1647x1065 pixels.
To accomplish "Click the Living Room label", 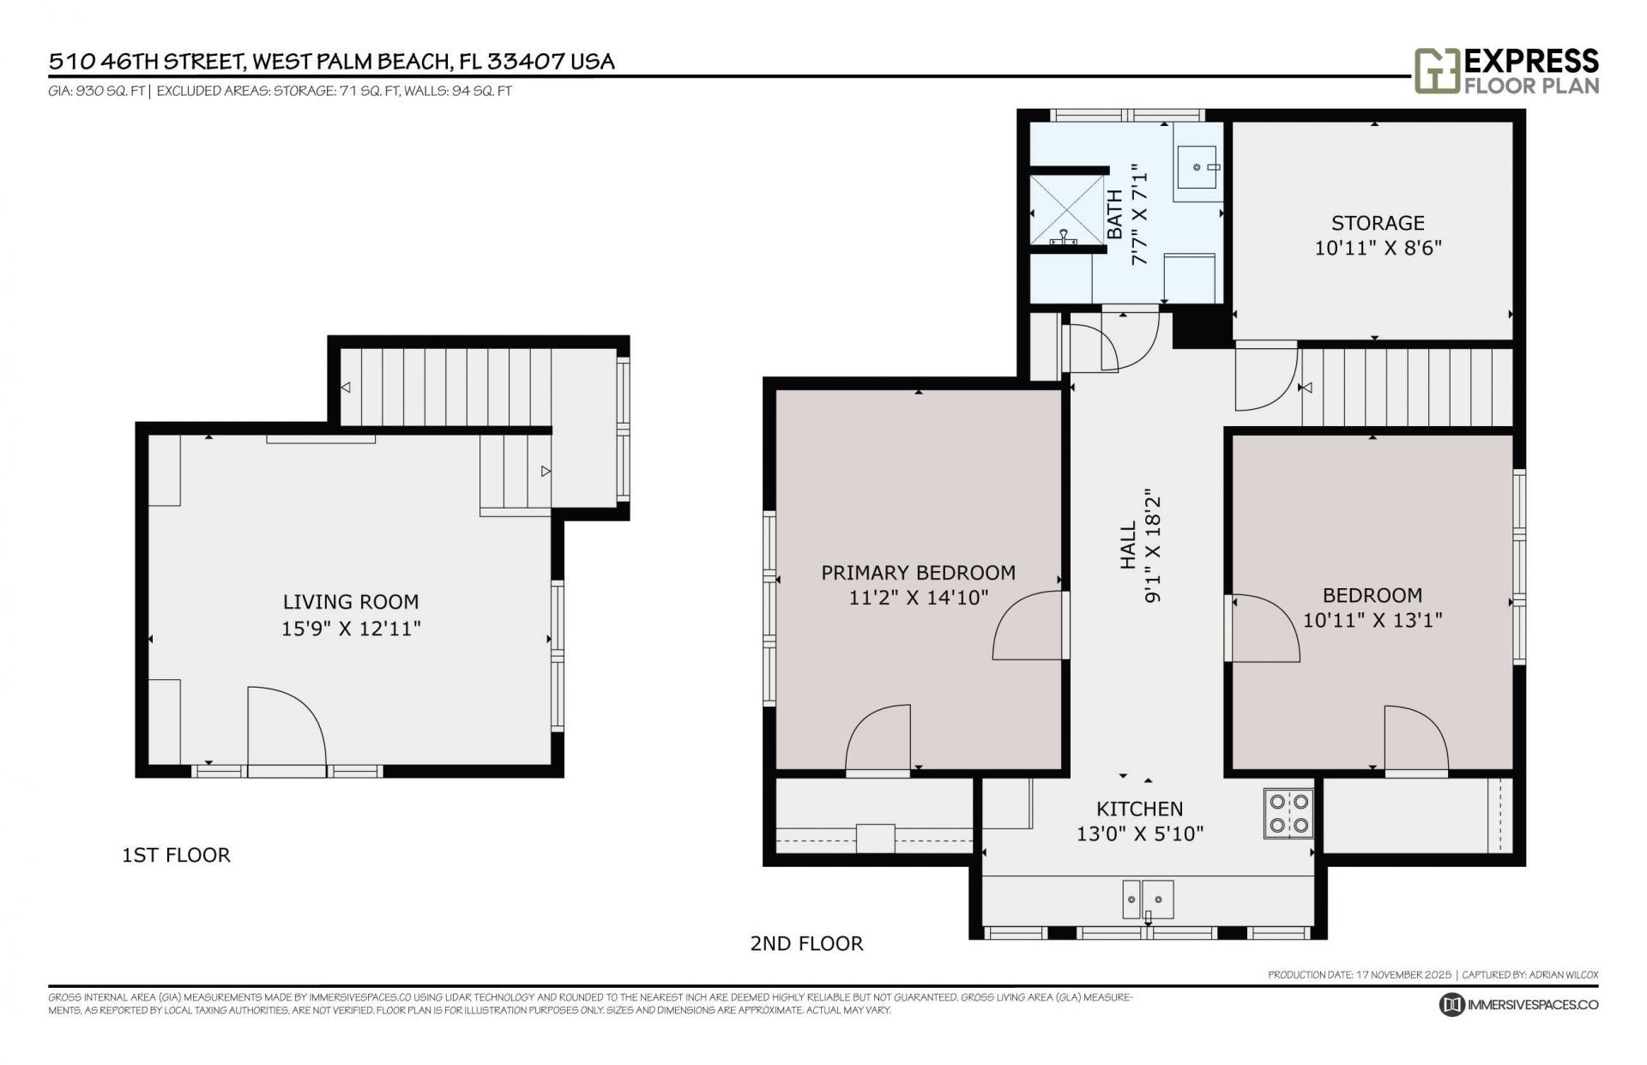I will click(351, 602).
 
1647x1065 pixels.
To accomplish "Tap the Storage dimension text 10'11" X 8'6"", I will click(1378, 249).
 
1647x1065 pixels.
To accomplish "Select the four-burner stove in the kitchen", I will click(1288, 813).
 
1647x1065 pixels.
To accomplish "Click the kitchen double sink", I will click(1147, 899).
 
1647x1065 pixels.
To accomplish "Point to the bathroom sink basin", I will click(1198, 168).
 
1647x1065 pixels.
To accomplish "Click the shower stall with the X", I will click(1066, 209).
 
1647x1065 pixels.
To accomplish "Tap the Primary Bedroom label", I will click(918, 573).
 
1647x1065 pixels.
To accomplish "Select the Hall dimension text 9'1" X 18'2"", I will click(1152, 549).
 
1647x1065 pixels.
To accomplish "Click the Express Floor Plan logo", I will click(1506, 71).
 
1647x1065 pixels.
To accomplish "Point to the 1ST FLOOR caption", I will click(176, 855).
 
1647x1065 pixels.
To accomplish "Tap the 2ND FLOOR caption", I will click(806, 943).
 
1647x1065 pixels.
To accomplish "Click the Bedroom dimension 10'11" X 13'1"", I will click(1372, 620).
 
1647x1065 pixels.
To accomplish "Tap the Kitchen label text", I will click(1139, 809).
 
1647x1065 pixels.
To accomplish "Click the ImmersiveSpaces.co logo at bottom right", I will click(1518, 1004).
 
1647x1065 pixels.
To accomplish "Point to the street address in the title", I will click(331, 62).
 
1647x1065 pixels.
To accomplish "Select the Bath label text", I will click(1114, 214).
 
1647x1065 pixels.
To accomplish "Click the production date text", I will click(1360, 975).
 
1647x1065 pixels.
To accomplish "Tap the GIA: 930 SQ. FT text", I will click(97, 91).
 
